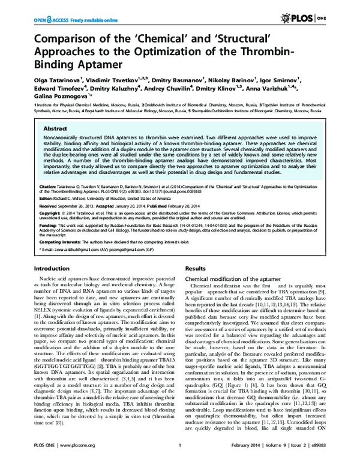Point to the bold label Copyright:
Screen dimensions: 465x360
50,212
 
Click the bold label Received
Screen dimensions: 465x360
49,205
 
